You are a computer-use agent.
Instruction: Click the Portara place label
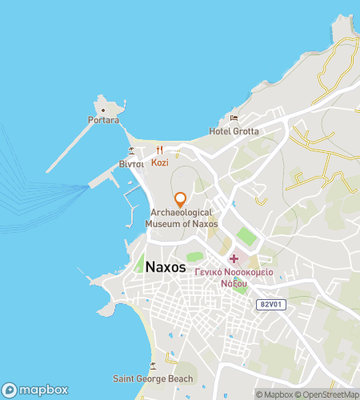(x=104, y=120)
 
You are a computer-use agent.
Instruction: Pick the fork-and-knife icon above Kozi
(x=159, y=150)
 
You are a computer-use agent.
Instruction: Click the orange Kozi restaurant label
(x=159, y=162)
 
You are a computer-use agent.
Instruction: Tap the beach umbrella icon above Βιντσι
(x=131, y=151)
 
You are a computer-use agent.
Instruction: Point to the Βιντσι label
(x=131, y=163)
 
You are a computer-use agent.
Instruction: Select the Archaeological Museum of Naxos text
(x=181, y=218)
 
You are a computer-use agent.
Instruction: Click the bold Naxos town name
(x=166, y=267)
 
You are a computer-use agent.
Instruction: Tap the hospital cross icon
(x=234, y=258)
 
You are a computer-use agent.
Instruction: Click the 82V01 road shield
(x=270, y=305)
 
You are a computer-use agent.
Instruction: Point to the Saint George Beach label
(x=153, y=378)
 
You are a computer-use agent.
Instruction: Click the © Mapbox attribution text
(x=275, y=394)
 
